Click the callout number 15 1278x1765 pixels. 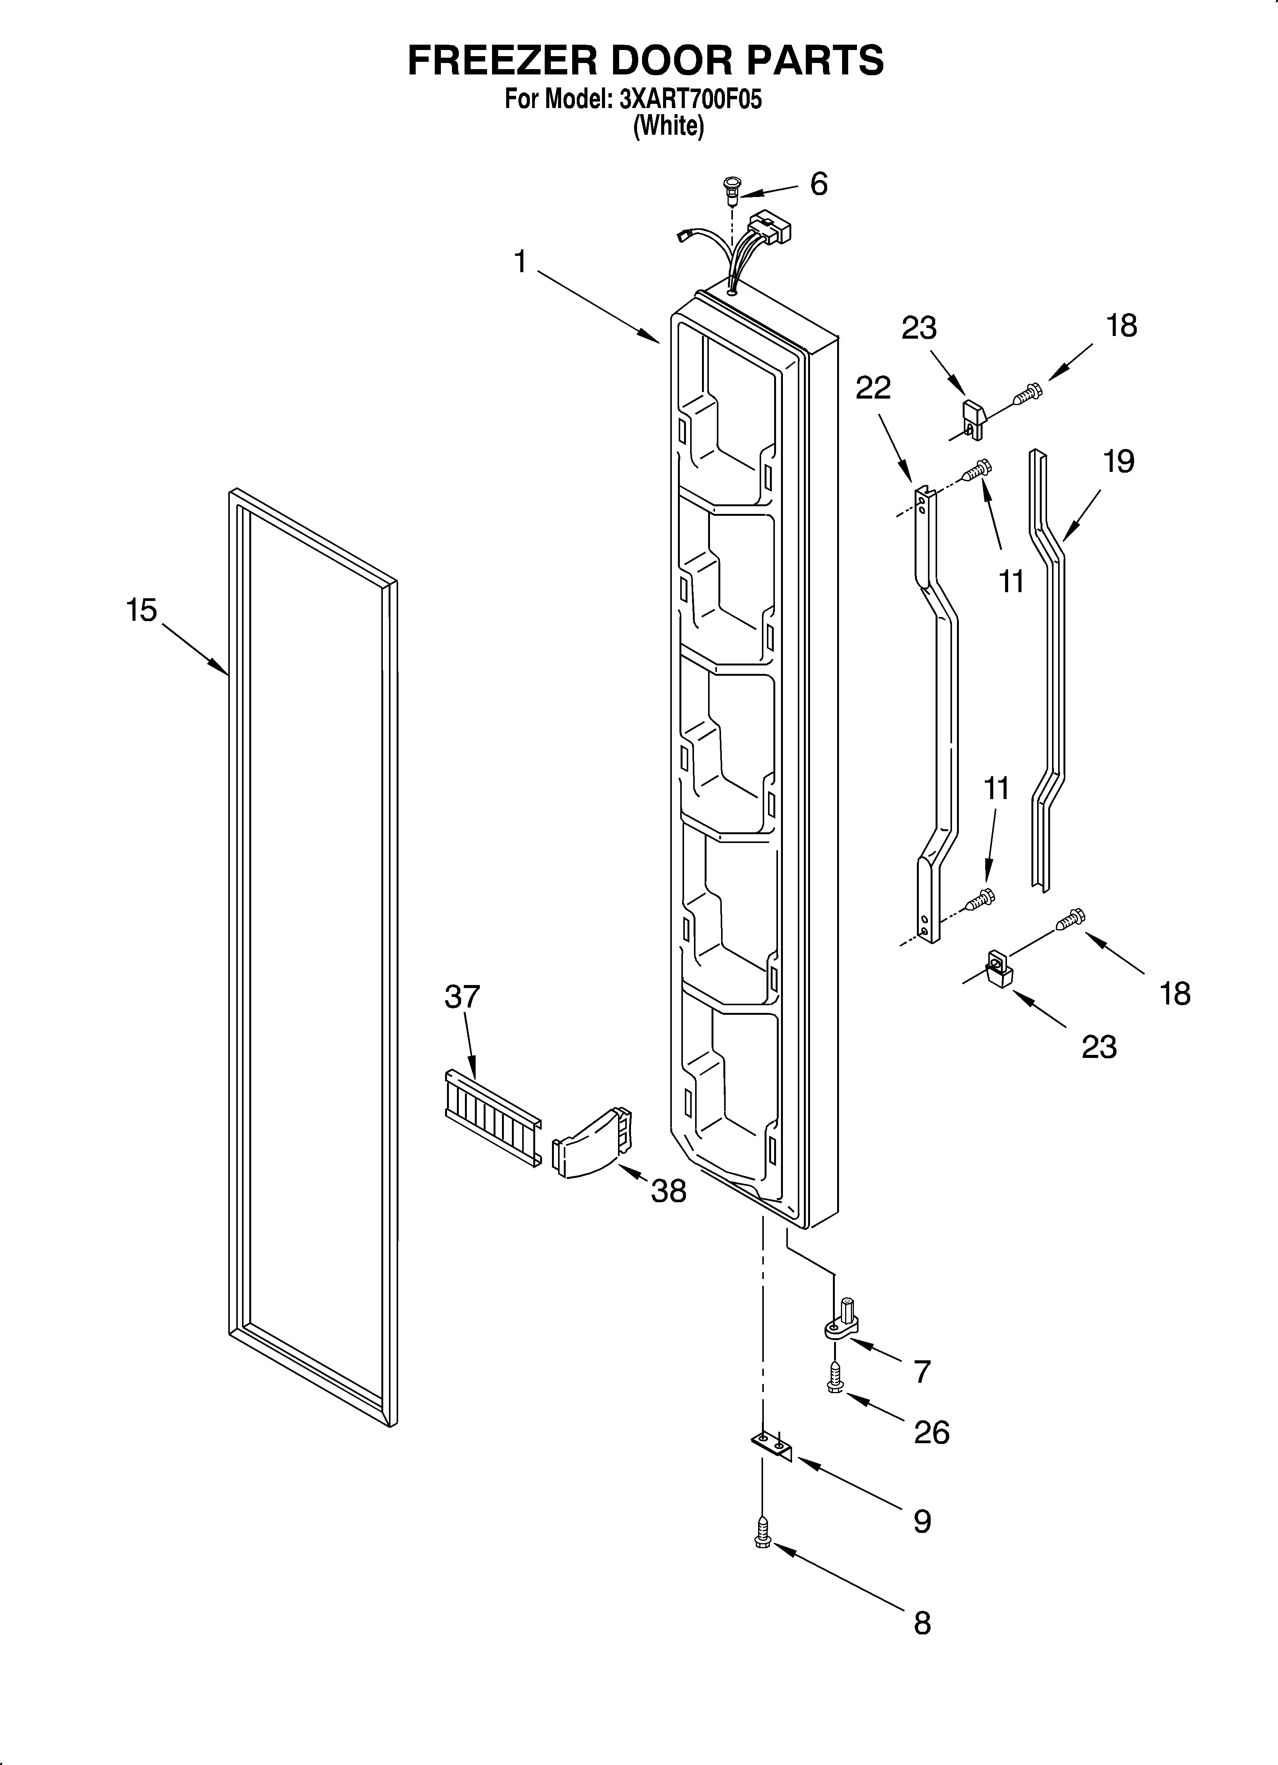tap(142, 610)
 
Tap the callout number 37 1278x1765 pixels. tap(462, 997)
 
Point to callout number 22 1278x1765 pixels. tap(873, 387)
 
